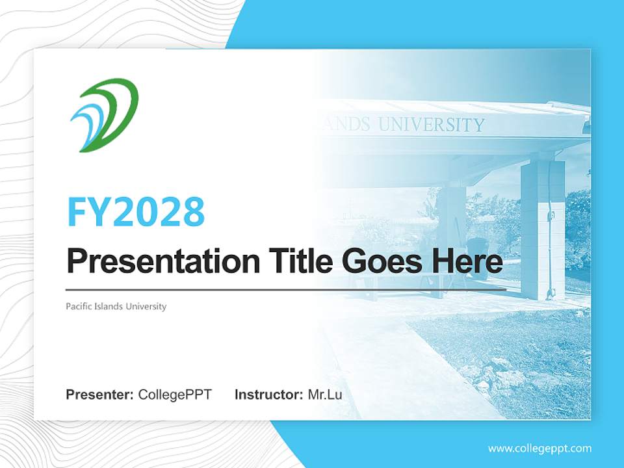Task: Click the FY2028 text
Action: tap(136, 211)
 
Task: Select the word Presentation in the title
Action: tap(162, 262)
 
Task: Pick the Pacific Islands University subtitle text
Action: tap(116, 306)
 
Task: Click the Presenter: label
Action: tap(100, 395)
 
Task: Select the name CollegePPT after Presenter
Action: tap(175, 395)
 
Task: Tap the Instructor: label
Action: tap(268, 395)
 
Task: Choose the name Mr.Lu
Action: tap(324, 395)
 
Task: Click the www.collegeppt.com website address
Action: tap(539, 448)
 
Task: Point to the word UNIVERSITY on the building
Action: tap(432, 125)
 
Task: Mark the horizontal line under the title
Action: tap(286, 289)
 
